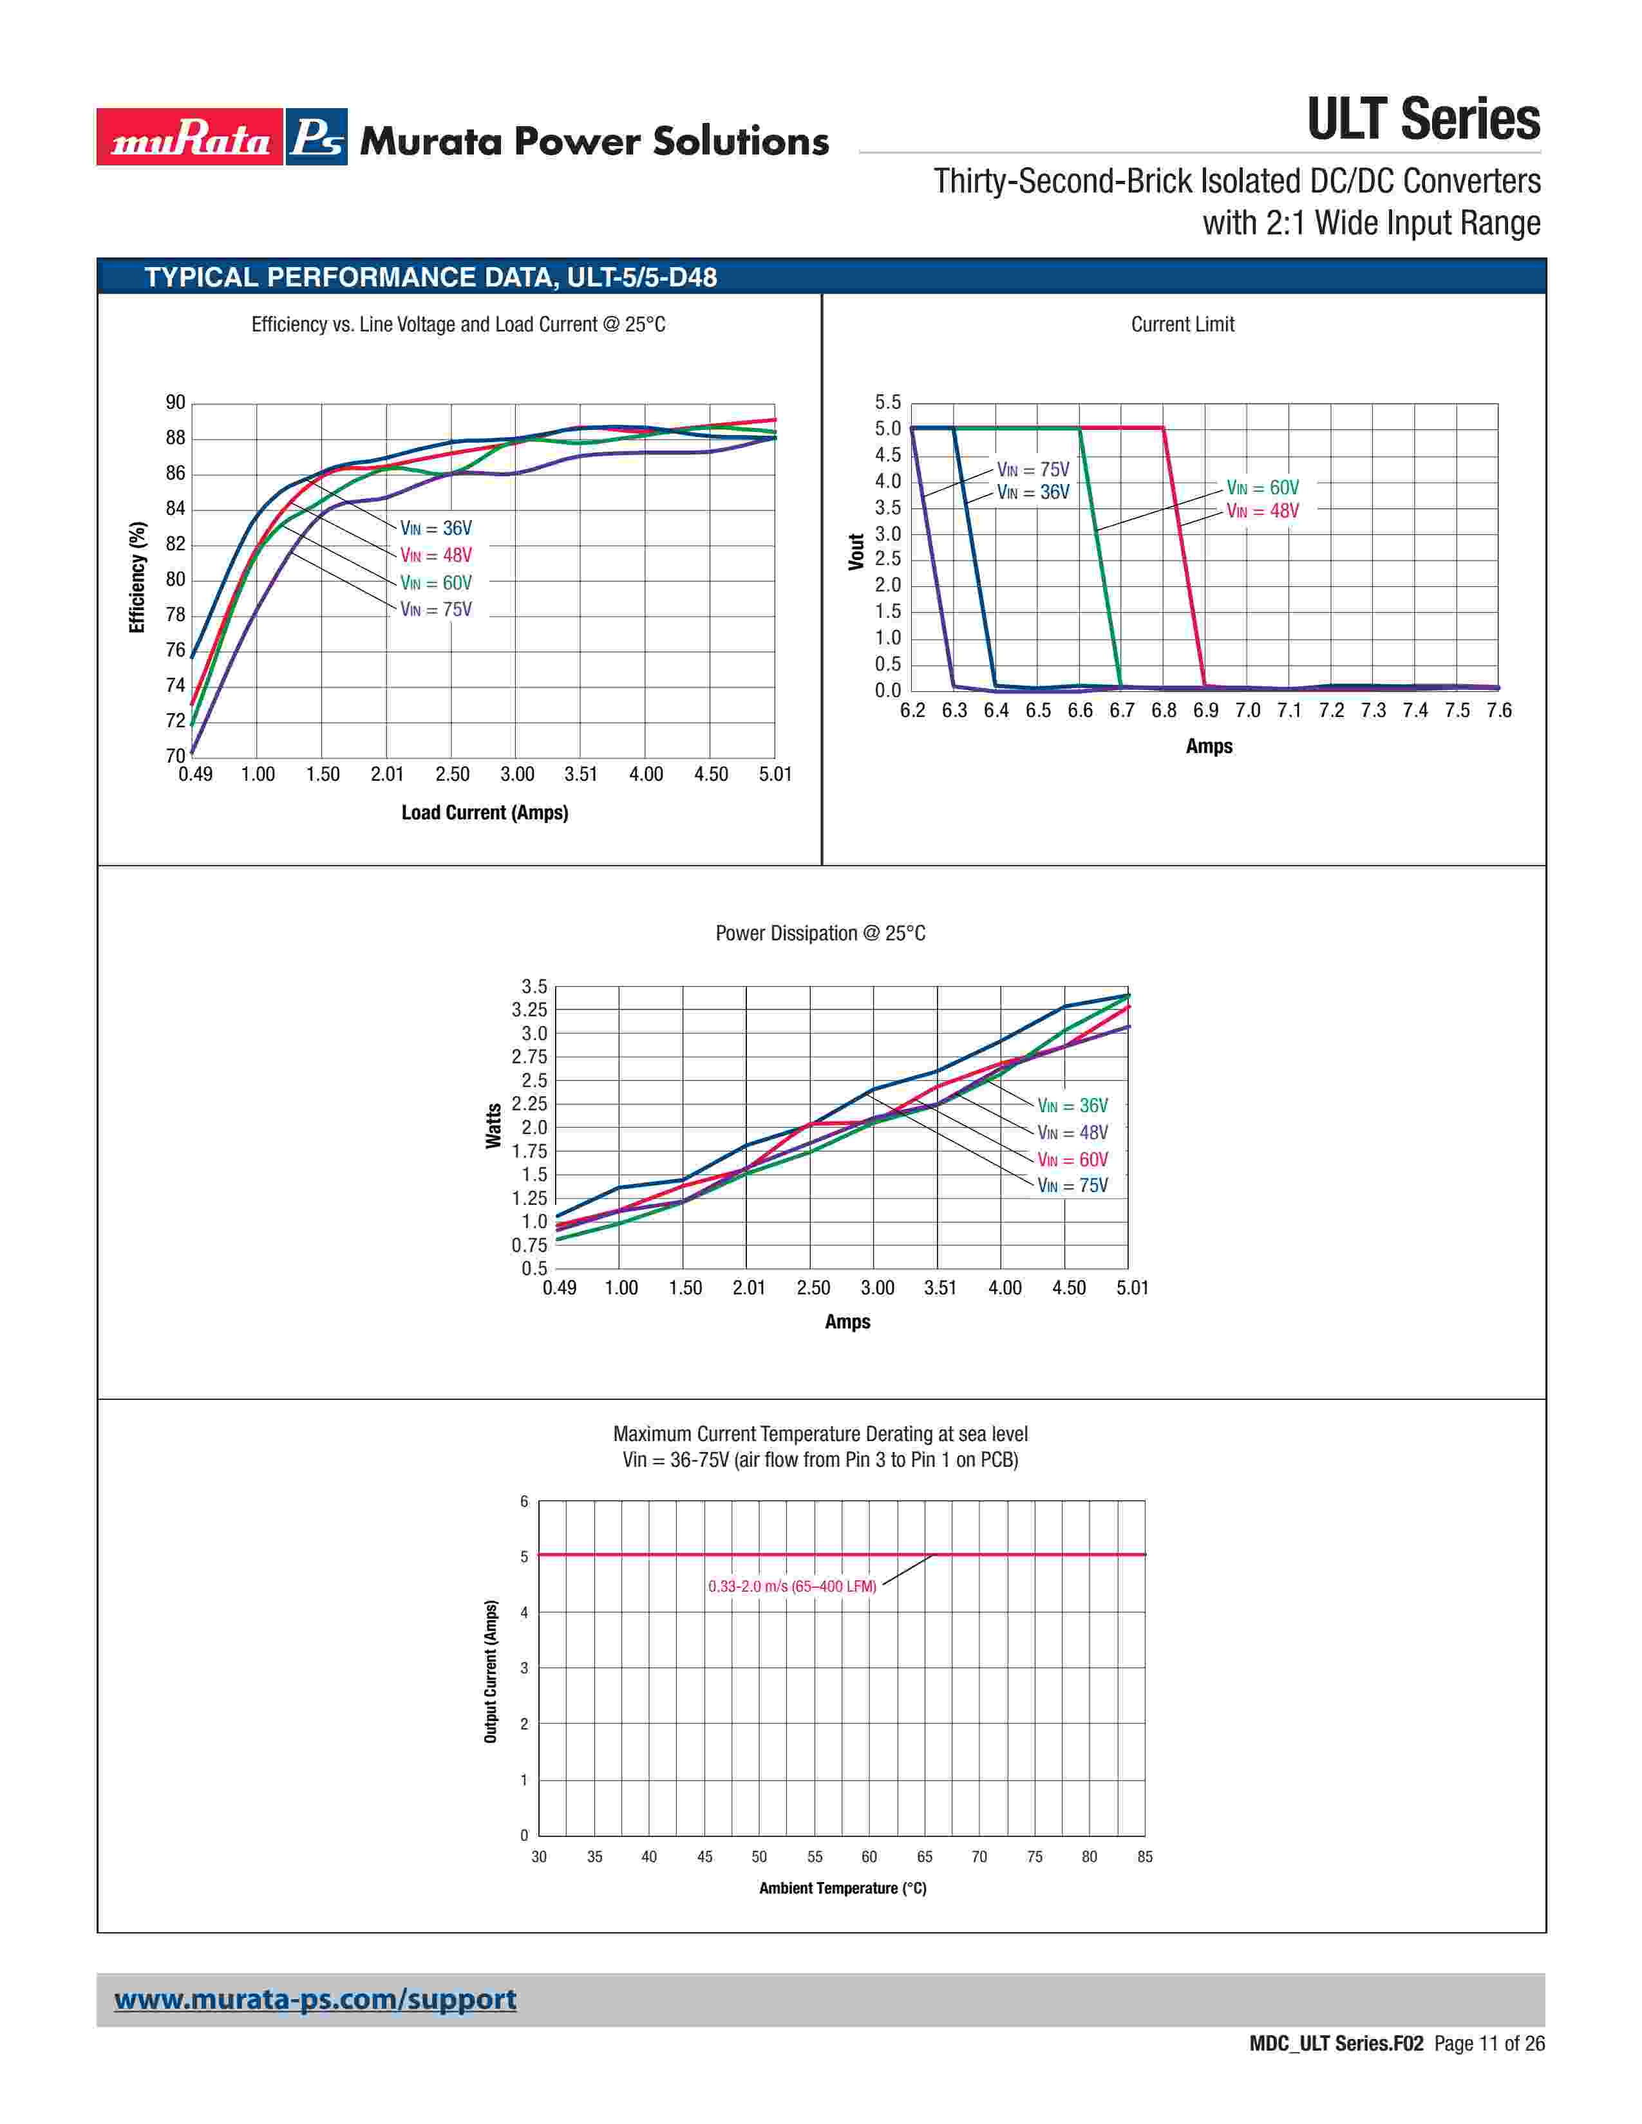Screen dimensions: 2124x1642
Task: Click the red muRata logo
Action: [190, 137]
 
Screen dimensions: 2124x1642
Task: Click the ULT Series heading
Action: [1422, 120]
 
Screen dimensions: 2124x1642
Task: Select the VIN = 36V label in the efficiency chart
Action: [436, 528]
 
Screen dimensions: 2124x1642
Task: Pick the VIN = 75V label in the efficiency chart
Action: [436, 610]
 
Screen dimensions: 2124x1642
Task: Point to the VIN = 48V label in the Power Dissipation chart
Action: [1072, 1133]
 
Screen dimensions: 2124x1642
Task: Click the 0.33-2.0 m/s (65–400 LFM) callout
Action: [792, 1586]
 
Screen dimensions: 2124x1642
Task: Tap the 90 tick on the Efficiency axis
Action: [175, 403]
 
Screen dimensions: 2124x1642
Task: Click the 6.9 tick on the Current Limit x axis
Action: [1205, 711]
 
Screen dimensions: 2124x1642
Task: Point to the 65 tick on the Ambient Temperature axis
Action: [924, 1856]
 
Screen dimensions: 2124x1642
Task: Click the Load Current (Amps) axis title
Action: [484, 812]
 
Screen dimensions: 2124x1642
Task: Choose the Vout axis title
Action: [856, 552]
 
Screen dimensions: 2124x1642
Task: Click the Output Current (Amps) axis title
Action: [491, 1671]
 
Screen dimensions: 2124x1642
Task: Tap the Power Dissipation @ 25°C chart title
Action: [820, 934]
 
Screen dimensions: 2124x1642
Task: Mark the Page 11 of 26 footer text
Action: [1488, 2044]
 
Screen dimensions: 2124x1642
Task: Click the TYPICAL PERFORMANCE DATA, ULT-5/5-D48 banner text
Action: [431, 277]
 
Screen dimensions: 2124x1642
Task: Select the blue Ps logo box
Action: [317, 137]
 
